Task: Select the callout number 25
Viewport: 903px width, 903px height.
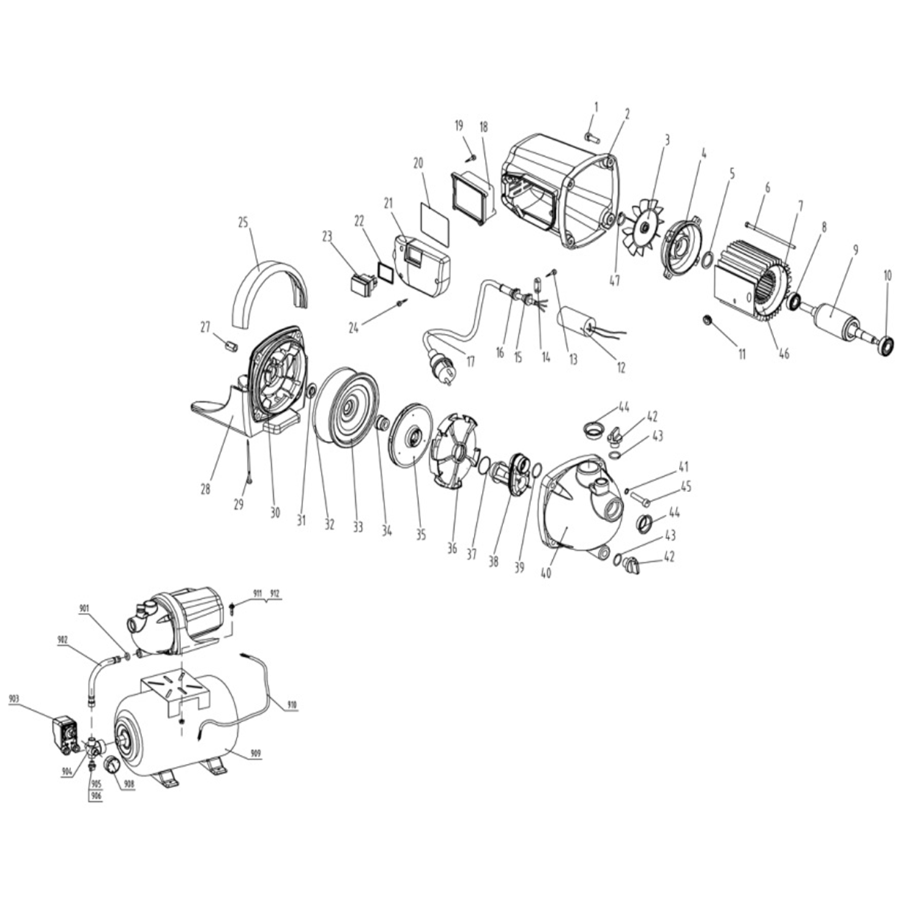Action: (242, 222)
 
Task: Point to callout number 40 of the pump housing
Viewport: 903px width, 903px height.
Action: (546, 573)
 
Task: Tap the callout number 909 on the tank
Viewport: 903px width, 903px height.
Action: (256, 767)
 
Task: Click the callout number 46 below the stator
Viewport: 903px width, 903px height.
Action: (784, 353)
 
